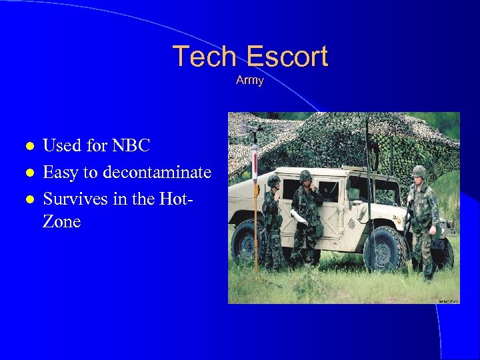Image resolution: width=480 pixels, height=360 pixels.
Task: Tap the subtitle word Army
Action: pos(250,81)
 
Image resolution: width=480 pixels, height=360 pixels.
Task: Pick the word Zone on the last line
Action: pos(61,222)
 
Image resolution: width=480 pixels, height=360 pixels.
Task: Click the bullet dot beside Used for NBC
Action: pos(28,146)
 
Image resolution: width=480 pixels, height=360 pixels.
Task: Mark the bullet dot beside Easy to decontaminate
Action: pos(28,173)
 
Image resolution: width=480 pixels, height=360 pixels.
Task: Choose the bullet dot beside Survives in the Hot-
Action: pos(28,200)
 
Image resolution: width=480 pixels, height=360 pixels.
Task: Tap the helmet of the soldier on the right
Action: pos(419,172)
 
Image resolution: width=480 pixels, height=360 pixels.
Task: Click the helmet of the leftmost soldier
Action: pos(273,180)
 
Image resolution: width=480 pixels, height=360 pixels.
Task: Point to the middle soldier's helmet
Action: pos(305,175)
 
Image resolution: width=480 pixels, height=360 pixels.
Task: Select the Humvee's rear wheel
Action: pos(244,244)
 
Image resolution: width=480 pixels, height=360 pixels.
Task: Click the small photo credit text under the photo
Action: pos(447,301)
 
